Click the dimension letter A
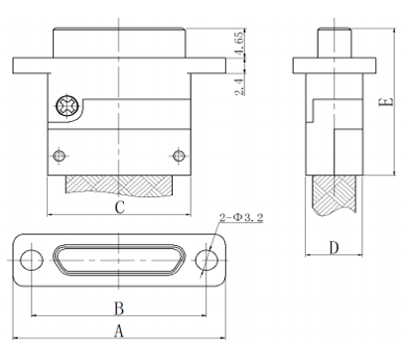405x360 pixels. pyautogui.click(x=119, y=331)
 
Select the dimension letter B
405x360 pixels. pyautogui.click(x=119, y=308)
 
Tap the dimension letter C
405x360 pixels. pyautogui.click(x=119, y=207)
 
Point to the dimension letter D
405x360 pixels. pyautogui.click(x=335, y=248)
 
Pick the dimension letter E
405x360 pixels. pyautogui.click(x=386, y=101)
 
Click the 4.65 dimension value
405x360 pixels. pyautogui.click(x=239, y=43)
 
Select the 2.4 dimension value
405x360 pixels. pyautogui.click(x=240, y=87)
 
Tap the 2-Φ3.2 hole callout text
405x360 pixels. pyautogui.click(x=241, y=217)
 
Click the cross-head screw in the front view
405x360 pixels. pyautogui.click(x=67, y=106)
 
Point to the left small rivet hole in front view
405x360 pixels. pyautogui.click(x=60, y=155)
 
